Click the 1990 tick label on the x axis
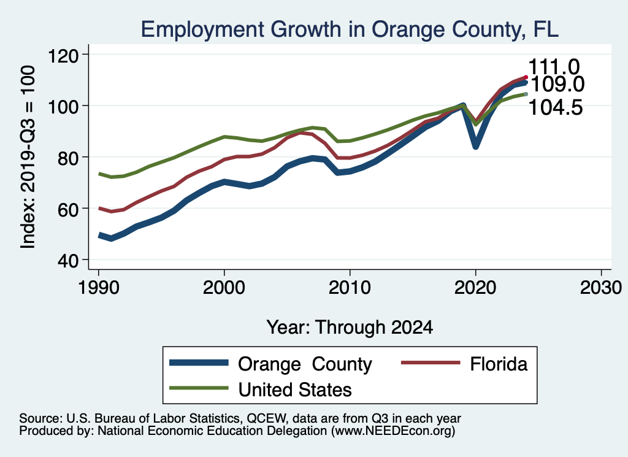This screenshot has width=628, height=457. (x=98, y=288)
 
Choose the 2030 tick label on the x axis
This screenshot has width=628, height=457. (x=601, y=288)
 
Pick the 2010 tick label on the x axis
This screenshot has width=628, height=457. (x=350, y=288)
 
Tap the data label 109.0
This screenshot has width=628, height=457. (x=557, y=85)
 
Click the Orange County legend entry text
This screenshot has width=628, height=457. (x=305, y=364)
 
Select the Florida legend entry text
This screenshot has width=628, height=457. (x=499, y=364)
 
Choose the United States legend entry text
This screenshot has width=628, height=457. (x=295, y=389)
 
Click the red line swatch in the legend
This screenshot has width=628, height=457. (x=430, y=364)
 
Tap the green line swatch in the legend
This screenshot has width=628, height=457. (x=198, y=388)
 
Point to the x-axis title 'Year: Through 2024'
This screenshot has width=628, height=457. (x=350, y=327)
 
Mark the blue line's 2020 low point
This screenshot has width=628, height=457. (x=475, y=147)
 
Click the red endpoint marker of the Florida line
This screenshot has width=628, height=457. (x=526, y=77)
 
